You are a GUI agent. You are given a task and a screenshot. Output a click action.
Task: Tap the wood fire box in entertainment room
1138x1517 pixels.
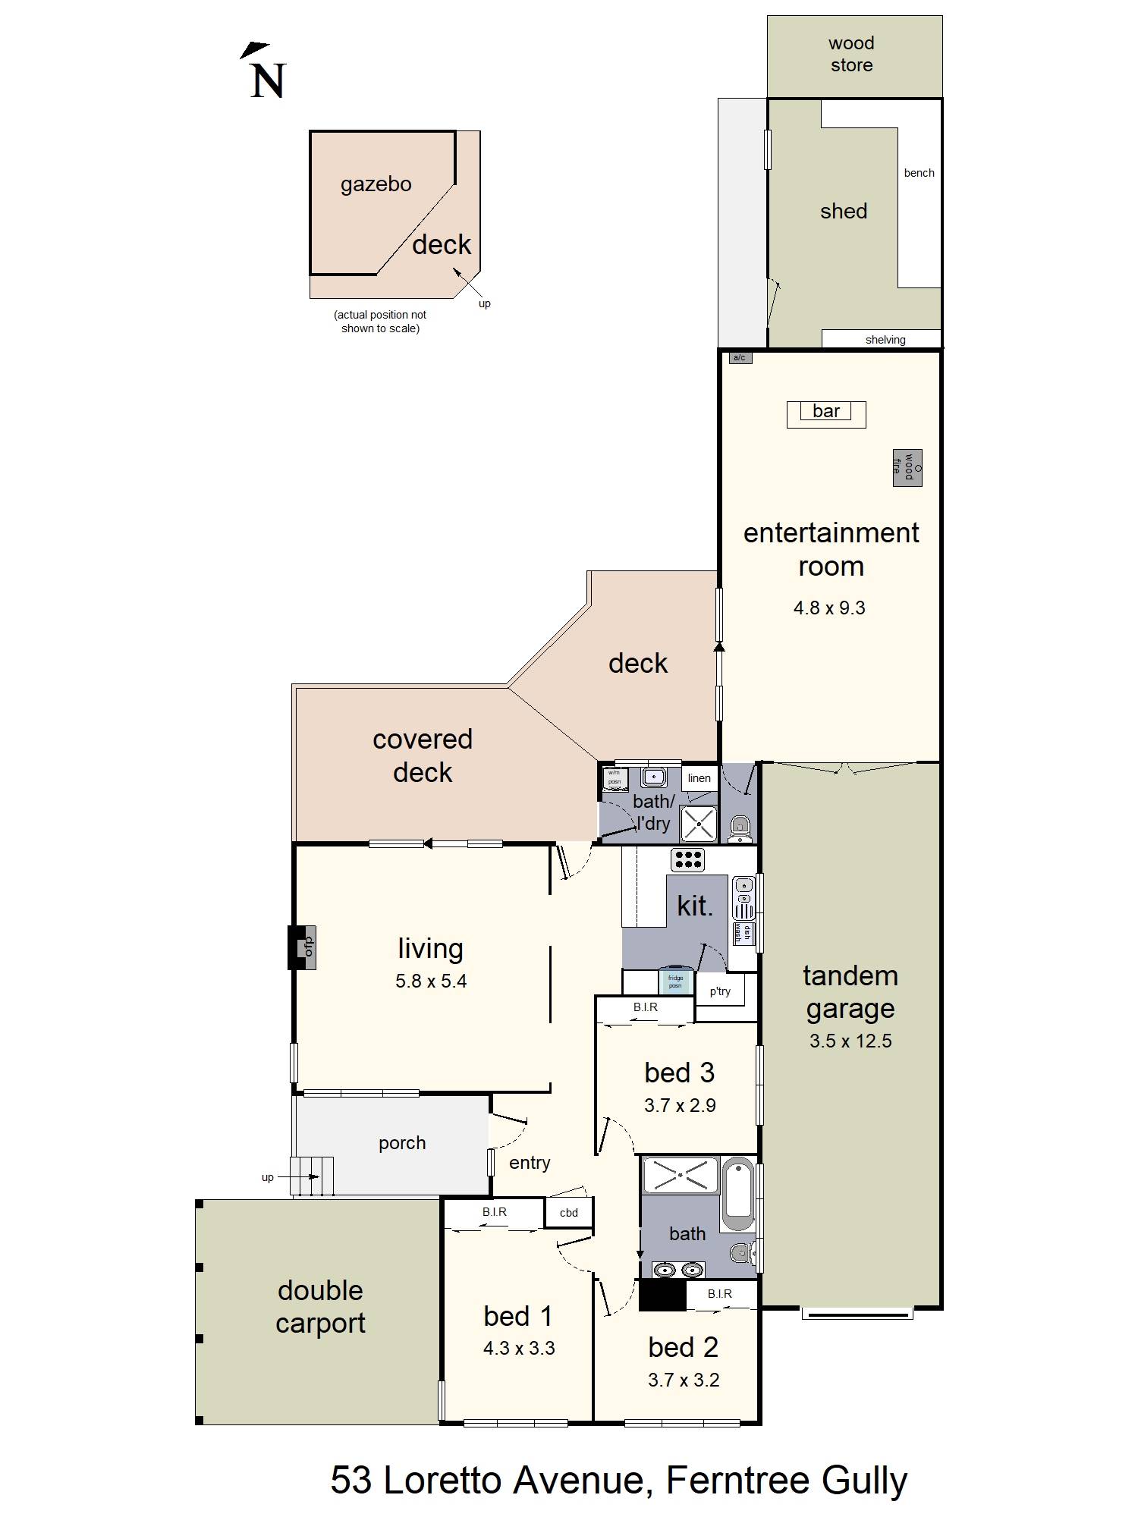(907, 466)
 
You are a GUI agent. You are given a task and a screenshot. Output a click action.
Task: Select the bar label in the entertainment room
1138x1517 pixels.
(826, 412)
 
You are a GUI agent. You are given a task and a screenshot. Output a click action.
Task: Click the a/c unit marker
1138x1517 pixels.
(740, 358)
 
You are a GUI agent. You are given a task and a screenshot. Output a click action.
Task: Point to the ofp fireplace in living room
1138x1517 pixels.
(303, 947)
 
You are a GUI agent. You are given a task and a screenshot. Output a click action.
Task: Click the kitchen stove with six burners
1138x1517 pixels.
(687, 859)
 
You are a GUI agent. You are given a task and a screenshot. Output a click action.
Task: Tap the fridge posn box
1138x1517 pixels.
(675, 981)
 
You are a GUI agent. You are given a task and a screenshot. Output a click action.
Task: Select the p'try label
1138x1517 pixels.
(720, 991)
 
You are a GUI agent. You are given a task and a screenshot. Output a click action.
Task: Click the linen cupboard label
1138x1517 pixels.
(699, 778)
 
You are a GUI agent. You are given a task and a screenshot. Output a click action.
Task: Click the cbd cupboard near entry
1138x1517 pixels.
(569, 1212)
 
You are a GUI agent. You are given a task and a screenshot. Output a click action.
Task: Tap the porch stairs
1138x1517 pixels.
(313, 1176)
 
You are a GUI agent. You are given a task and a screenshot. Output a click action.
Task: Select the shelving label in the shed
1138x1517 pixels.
(885, 340)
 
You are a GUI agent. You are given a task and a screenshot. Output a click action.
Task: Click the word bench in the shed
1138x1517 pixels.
(919, 173)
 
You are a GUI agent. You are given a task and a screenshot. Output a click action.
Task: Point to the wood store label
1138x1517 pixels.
(851, 54)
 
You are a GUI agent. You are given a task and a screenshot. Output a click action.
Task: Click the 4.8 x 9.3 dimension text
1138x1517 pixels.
(829, 608)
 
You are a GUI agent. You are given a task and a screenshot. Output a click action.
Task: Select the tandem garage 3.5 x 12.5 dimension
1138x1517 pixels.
(850, 1041)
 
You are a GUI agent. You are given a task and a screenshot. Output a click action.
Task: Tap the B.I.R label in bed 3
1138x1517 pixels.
(645, 1007)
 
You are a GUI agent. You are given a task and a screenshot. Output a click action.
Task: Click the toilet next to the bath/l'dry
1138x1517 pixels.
(740, 828)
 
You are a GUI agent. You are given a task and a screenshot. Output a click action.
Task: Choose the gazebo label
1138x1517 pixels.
(376, 184)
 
